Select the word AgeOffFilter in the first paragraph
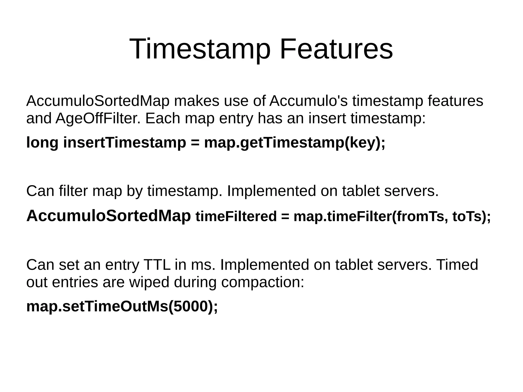98,118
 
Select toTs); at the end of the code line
471,216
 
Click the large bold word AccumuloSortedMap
109,216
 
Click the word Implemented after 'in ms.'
264,265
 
